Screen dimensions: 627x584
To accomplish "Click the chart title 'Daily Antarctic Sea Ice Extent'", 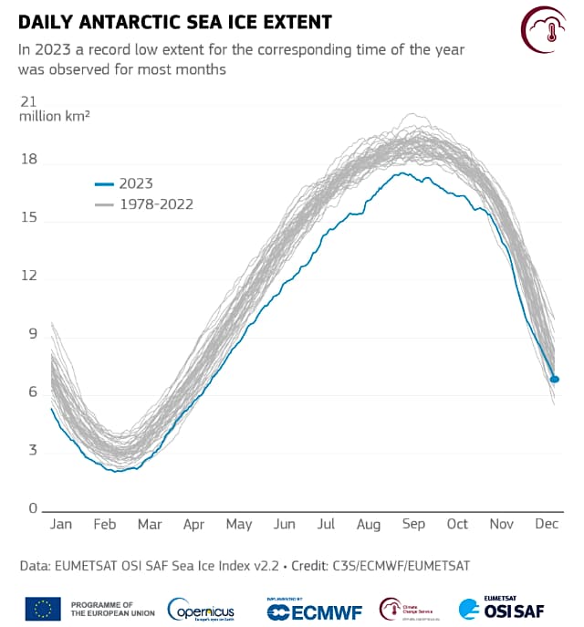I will (x=175, y=21).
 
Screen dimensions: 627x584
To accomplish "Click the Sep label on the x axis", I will (x=413, y=525).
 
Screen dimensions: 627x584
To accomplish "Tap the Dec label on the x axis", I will (x=547, y=525).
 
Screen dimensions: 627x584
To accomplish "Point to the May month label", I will (x=238, y=525).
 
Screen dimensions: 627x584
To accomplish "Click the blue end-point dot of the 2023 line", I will (x=555, y=379).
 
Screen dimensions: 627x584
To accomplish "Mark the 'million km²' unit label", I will (x=55, y=117).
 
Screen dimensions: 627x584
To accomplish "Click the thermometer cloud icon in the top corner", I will (x=548, y=31).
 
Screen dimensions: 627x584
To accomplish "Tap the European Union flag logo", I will (x=43, y=608).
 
